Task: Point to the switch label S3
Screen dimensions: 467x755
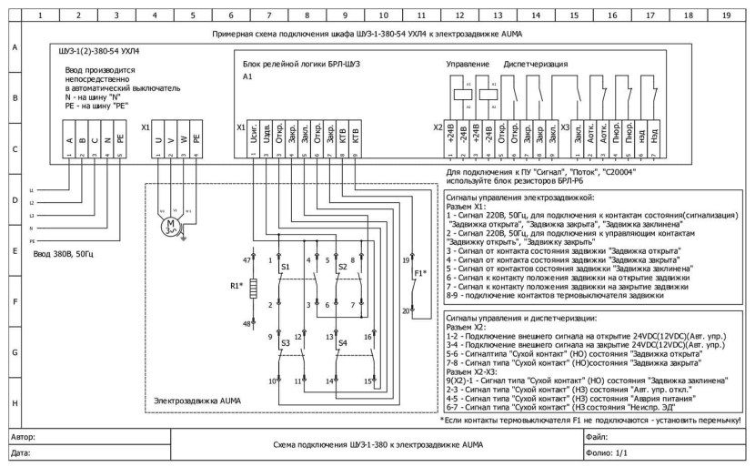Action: (x=286, y=345)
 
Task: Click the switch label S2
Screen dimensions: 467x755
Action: (x=342, y=268)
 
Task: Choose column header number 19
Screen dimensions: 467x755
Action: (x=725, y=15)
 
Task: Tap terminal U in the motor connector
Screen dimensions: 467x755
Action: (x=160, y=141)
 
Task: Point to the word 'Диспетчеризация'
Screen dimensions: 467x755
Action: (x=540, y=65)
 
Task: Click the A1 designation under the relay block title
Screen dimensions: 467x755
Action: (x=247, y=78)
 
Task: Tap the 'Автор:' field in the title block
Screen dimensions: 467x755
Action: (x=21, y=437)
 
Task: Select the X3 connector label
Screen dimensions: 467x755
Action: (x=566, y=127)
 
